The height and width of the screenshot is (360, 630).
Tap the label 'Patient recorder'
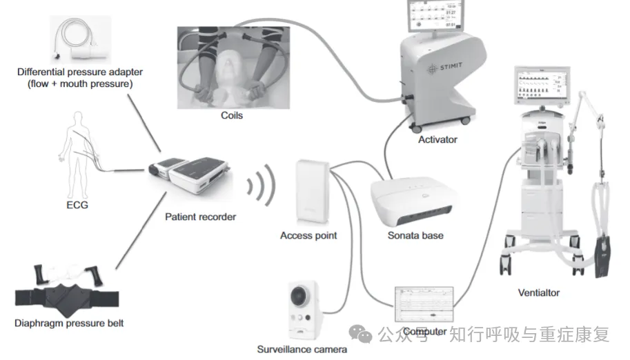[200, 217]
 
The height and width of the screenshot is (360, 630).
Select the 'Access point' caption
[308, 235]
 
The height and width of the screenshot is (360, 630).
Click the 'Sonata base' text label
[415, 235]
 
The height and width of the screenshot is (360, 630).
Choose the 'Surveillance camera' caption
[302, 349]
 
